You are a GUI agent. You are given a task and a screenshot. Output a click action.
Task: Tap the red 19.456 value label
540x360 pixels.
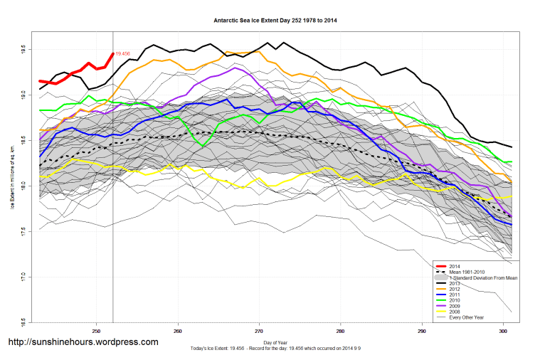[x=123, y=54]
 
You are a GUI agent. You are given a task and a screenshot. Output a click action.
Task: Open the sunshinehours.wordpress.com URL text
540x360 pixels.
[x=83, y=342]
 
